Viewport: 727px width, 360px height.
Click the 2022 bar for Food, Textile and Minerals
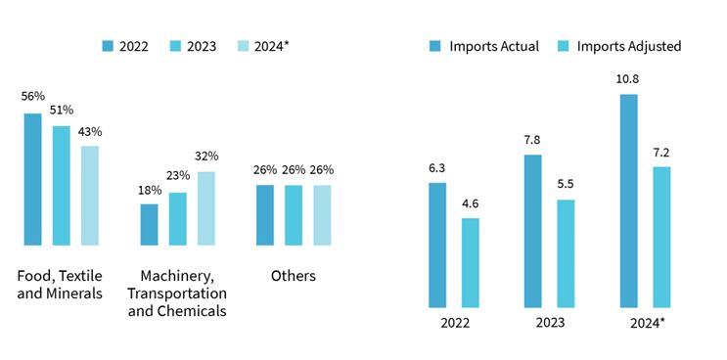pos(32,179)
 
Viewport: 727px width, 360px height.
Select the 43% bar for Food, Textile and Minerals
pos(89,196)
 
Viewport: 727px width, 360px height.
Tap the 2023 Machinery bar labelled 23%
pos(177,219)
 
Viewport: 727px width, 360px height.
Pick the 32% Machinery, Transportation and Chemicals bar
pos(206,208)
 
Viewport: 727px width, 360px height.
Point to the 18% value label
pos(150,190)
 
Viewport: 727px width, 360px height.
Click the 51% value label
pos(62,111)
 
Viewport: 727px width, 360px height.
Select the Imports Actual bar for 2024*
pos(628,201)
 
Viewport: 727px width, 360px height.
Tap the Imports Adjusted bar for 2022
pos(470,263)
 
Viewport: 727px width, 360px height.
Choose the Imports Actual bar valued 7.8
pos(532,231)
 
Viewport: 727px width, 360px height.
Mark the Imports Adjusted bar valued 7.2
pos(661,237)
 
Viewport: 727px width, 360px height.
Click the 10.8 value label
pos(628,79)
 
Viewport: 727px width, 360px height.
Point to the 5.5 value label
pos(566,184)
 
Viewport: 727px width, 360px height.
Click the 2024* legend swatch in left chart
pos(244,46)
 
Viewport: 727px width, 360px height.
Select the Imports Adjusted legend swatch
pos(563,46)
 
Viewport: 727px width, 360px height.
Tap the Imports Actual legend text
pos(494,46)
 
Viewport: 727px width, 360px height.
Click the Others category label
pos(293,276)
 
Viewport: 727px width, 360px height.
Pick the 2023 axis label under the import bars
pos(550,323)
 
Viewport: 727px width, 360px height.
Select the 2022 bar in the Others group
pos(265,215)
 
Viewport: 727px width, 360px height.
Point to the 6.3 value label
pos(437,167)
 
